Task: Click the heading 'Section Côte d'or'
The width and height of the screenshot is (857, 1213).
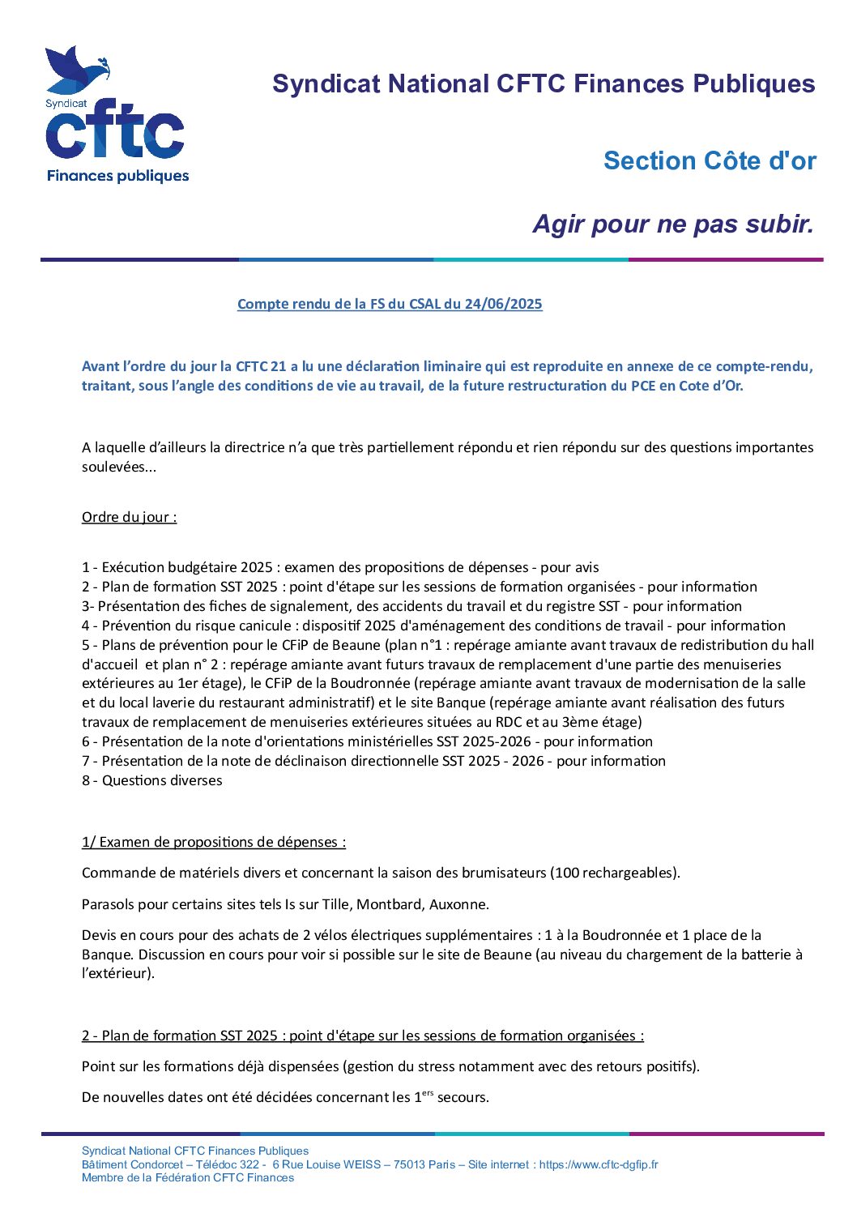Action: pyautogui.click(x=710, y=160)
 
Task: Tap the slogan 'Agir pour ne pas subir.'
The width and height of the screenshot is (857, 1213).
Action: pyautogui.click(x=672, y=224)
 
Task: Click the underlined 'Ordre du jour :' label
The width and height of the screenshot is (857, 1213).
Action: pyautogui.click(x=129, y=517)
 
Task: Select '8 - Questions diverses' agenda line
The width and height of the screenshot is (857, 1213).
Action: pyautogui.click(x=151, y=780)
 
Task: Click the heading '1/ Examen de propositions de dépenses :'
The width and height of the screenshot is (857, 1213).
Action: pyautogui.click(x=214, y=842)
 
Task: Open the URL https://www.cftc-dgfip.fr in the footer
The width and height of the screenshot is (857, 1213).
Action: pyautogui.click(x=599, y=1164)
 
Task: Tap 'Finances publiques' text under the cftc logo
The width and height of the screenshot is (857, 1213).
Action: pyautogui.click(x=118, y=176)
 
